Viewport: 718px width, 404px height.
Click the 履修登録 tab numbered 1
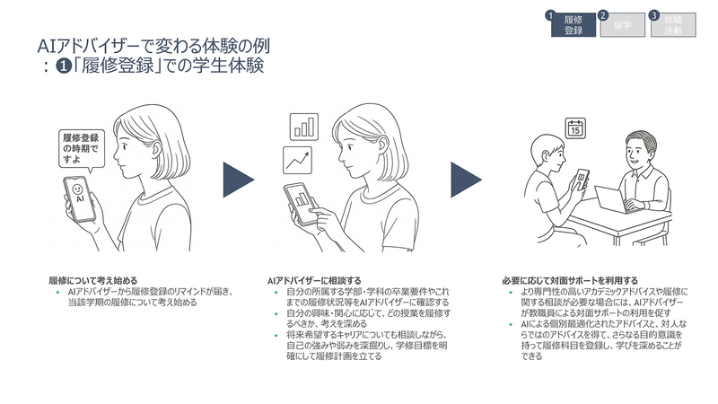coord(574,24)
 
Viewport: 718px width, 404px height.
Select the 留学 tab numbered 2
coord(621,24)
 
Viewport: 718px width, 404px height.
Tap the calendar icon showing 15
coord(576,127)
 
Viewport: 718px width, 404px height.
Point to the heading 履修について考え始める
coord(92,279)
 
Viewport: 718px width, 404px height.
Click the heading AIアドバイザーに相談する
coord(311,279)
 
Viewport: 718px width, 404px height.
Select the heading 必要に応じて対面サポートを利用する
coord(570,279)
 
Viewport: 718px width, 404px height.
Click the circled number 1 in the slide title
coord(63,67)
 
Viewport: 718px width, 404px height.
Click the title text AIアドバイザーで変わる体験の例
coord(153,46)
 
